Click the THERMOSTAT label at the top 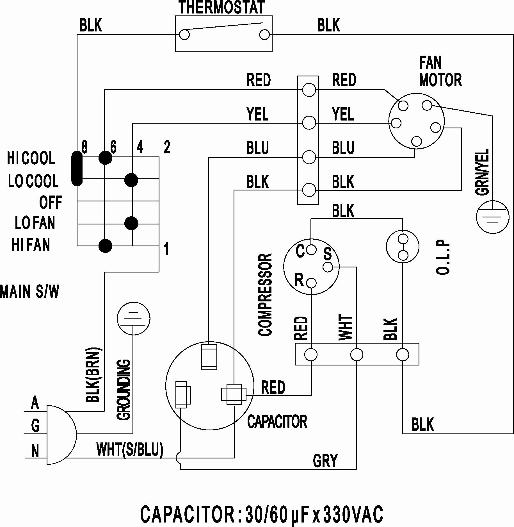pyautogui.click(x=221, y=7)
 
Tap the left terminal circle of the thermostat pyautogui.click(x=184, y=35)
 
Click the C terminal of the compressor pyautogui.click(x=311, y=249)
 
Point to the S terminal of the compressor pyautogui.click(x=328, y=267)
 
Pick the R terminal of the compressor pyautogui.click(x=311, y=283)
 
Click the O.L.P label pyautogui.click(x=443, y=257)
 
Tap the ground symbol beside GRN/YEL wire pyautogui.click(x=492, y=217)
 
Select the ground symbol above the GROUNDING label pyautogui.click(x=133, y=319)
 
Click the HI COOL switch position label pyautogui.click(x=31, y=158)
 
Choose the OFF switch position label pyautogui.click(x=51, y=202)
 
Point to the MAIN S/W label pyautogui.click(x=30, y=291)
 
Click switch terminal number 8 pyautogui.click(x=84, y=147)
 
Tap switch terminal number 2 pyautogui.click(x=167, y=147)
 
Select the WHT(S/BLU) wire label pyautogui.click(x=130, y=449)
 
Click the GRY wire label pyautogui.click(x=325, y=460)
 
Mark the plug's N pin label pyautogui.click(x=35, y=451)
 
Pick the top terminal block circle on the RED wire pyautogui.click(x=309, y=90)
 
